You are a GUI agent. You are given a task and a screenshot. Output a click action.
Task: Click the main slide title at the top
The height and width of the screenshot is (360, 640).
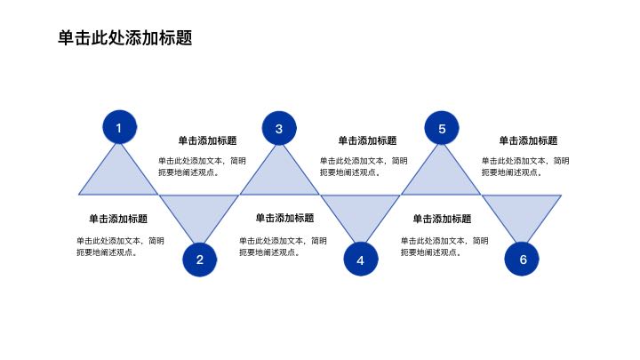point(124,38)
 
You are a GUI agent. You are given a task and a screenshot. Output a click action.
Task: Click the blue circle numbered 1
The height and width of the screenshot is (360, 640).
point(118,129)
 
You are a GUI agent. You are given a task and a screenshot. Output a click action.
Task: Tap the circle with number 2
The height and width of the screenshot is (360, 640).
point(199,260)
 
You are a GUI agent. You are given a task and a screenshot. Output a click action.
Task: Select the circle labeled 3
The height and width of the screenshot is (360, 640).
point(278,129)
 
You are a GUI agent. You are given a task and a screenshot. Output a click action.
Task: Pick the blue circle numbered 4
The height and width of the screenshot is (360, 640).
point(360,260)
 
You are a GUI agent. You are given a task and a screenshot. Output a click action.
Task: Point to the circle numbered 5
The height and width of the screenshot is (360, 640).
point(442,129)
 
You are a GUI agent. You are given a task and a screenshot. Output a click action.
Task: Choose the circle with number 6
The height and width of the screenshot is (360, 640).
point(523,260)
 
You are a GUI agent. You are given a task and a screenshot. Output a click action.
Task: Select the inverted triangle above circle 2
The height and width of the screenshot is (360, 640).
point(199,212)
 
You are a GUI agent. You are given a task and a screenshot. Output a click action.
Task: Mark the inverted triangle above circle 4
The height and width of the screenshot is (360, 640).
point(360,212)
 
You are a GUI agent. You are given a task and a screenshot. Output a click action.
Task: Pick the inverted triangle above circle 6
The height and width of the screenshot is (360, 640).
point(523,212)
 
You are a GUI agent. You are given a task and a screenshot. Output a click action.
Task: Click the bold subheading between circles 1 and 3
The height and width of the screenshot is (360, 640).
point(207,140)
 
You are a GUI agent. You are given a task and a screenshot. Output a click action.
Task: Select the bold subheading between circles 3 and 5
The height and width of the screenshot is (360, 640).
point(367,140)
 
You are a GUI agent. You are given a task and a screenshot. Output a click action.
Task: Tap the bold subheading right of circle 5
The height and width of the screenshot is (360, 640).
point(528,140)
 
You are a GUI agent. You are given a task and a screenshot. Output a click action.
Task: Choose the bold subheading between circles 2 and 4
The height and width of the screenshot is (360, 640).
point(284,219)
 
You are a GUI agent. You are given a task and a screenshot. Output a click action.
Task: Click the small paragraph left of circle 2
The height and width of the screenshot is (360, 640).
point(120,246)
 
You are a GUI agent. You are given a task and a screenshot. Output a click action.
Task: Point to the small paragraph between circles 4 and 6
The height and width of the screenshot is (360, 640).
point(444,246)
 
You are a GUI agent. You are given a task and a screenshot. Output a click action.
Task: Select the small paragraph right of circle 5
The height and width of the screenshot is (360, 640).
point(526,167)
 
